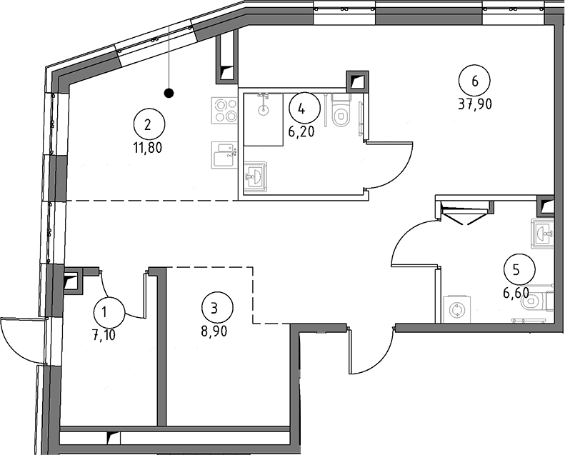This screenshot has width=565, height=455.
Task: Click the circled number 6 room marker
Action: [475, 79]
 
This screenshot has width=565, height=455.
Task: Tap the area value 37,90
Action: [475, 103]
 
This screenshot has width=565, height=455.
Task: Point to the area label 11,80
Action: [148, 149]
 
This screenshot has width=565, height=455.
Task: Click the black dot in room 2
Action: [169, 92]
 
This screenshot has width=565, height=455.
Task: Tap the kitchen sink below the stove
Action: [224, 154]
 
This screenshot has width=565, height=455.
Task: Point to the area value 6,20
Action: [301, 131]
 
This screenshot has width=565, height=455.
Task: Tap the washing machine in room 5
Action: [454, 309]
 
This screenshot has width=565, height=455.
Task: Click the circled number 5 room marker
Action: [516, 269]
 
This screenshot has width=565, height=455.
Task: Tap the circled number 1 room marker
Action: [109, 311]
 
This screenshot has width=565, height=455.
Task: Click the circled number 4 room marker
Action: [301, 109]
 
